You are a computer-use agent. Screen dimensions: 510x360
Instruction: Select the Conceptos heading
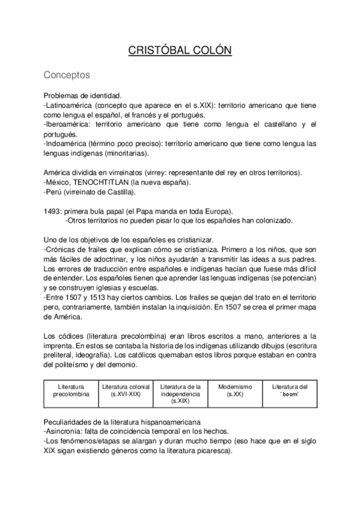67,76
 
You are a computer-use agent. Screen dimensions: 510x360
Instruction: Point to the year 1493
52,210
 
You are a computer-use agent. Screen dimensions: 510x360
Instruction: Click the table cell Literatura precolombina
70,390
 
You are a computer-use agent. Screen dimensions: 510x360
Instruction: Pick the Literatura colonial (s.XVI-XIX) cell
125,390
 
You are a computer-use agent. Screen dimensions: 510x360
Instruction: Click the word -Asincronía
64,431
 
